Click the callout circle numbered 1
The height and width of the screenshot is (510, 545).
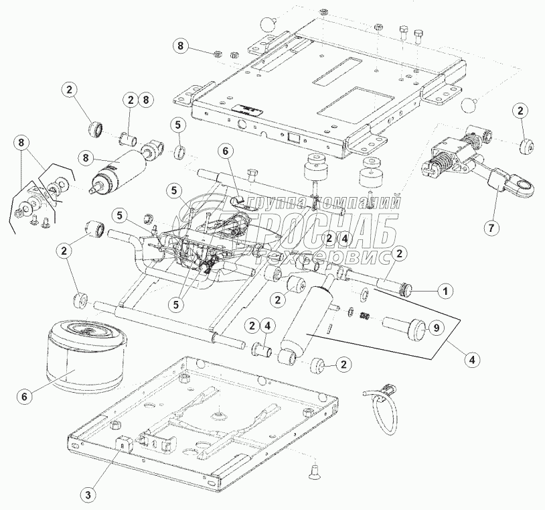[443, 292]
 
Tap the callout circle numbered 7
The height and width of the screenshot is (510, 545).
[491, 228]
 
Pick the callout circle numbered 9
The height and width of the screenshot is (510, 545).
[435, 328]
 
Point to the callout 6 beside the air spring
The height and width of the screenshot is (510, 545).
[24, 396]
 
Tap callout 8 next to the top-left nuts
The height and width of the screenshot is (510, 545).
[179, 46]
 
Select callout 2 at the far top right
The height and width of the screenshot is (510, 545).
[520, 111]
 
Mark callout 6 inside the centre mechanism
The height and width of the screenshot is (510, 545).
[226, 153]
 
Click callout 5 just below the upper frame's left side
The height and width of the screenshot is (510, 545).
[178, 125]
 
